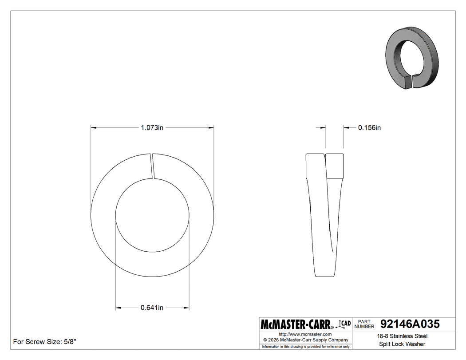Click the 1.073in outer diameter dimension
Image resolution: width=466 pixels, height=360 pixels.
click(x=152, y=128)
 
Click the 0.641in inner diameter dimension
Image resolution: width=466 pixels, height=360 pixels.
click(x=152, y=308)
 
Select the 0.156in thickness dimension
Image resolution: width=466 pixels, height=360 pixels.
click(x=369, y=128)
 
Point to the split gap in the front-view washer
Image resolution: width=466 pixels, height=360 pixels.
click(x=153, y=166)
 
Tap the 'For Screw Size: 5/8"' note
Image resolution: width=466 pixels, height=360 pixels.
click(x=45, y=342)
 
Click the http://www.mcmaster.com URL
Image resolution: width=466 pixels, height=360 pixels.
click(x=305, y=334)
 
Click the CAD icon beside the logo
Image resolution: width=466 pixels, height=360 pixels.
click(x=345, y=324)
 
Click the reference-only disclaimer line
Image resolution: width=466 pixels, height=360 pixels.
click(x=306, y=346)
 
